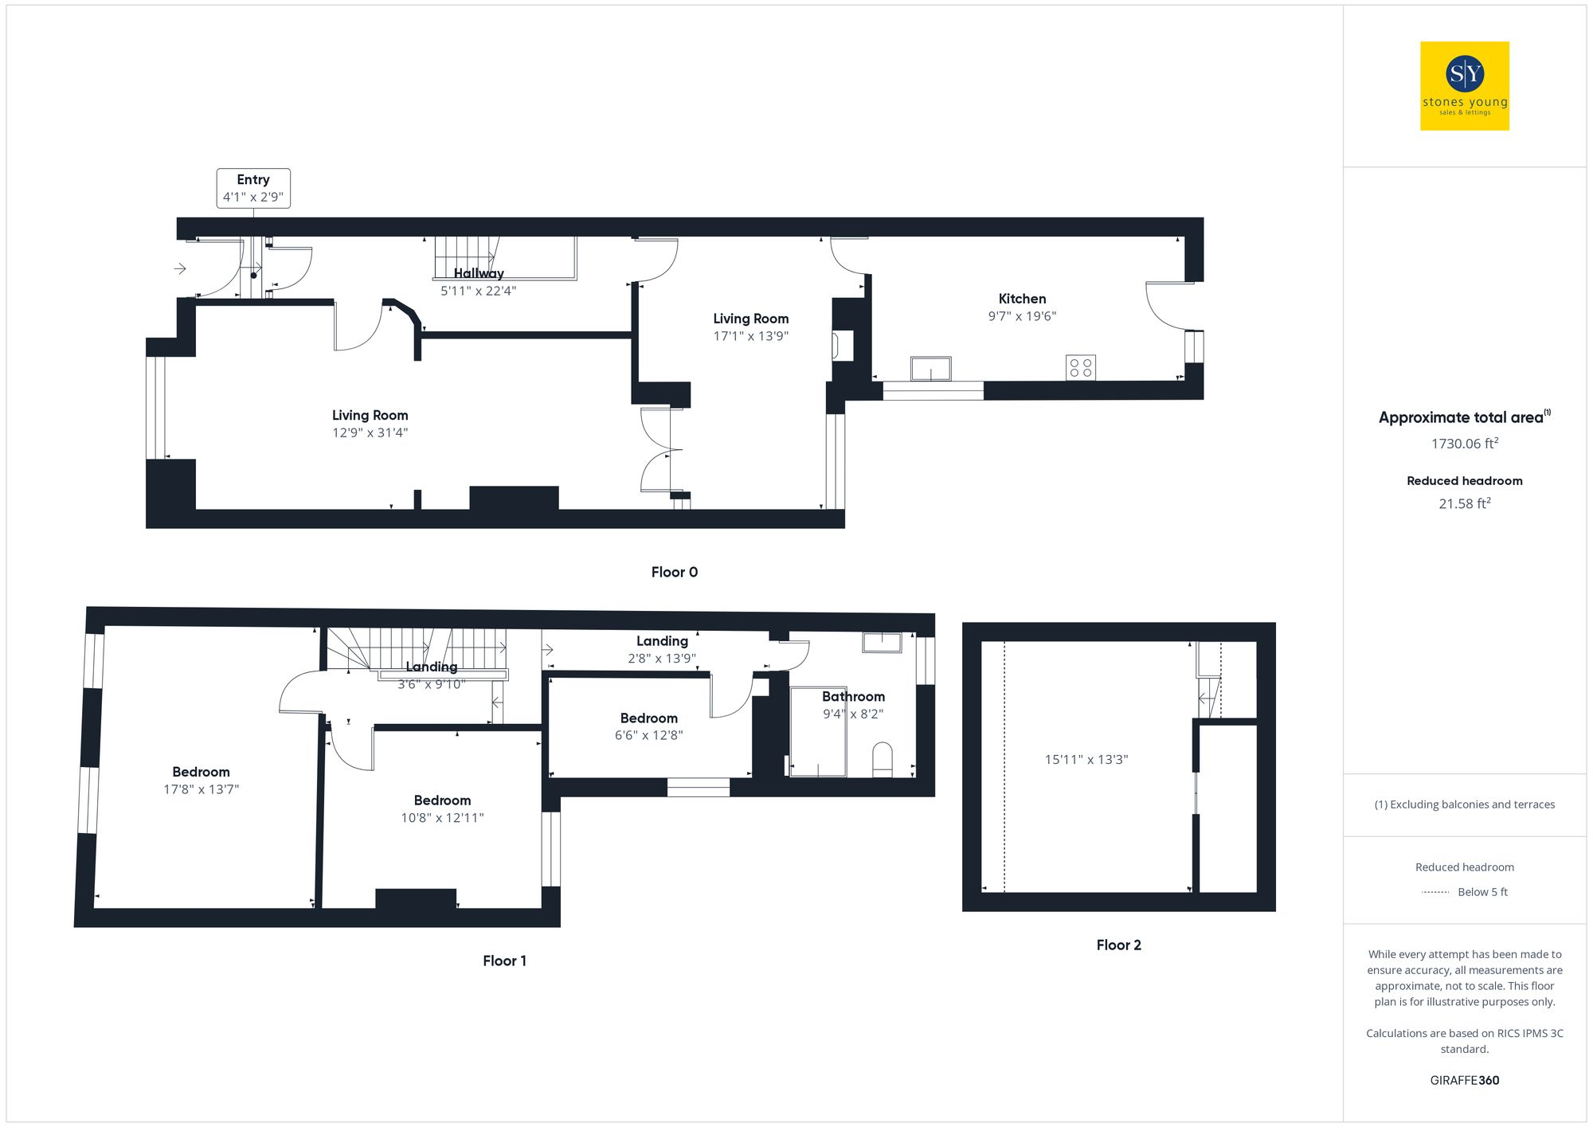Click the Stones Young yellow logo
(1464, 86)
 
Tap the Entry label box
(253, 188)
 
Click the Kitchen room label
(1022, 299)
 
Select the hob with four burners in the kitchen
(1080, 367)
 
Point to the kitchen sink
(930, 369)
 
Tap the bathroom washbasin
(882, 642)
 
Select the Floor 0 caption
(674, 572)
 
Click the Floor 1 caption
(504, 961)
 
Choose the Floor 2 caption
(1118, 945)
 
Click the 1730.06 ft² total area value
(1464, 444)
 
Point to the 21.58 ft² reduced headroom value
(1464, 503)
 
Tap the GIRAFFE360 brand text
(1464, 1080)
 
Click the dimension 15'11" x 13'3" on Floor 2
(1086, 759)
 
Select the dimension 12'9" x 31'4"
(370, 432)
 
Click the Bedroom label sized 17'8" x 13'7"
(201, 772)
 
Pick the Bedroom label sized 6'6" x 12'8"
(648, 718)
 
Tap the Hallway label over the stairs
(479, 273)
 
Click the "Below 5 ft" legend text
(1482, 892)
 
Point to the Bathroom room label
(853, 697)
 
